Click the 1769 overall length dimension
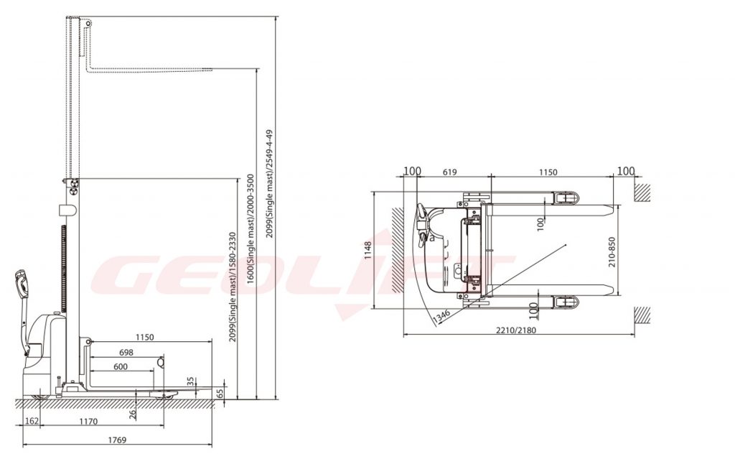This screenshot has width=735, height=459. pyautogui.click(x=117, y=440)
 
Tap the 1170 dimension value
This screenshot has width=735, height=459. pyautogui.click(x=88, y=422)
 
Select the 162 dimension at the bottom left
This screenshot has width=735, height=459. pyautogui.click(x=32, y=422)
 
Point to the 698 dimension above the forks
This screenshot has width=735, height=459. pyautogui.click(x=126, y=353)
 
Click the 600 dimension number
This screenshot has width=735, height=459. pyautogui.click(x=121, y=366)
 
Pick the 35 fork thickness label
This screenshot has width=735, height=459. pyautogui.click(x=190, y=381)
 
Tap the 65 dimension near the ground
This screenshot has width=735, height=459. pyautogui.click(x=220, y=394)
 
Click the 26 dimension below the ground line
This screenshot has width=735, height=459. pyautogui.click(x=132, y=413)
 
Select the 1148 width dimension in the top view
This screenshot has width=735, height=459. pyautogui.click(x=368, y=250)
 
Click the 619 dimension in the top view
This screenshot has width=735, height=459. pyautogui.click(x=449, y=172)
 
